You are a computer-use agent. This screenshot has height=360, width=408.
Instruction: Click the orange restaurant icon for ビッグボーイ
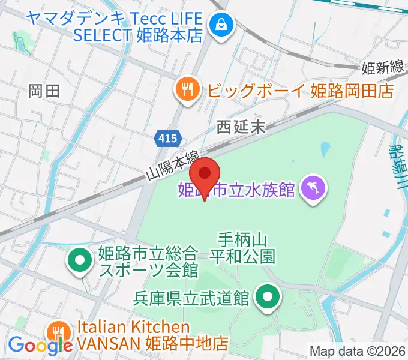coord(188,90)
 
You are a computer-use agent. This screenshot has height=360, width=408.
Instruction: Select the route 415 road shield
coord(169,139)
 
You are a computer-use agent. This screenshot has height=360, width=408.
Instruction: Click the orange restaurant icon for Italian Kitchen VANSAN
coord(58,331)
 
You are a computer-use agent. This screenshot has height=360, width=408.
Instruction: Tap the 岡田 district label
coord(44,91)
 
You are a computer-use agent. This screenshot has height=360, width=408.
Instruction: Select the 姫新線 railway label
coord(382,68)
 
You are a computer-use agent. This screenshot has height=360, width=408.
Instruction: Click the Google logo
coord(40,346)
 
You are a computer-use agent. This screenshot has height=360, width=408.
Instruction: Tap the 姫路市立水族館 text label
coord(237,190)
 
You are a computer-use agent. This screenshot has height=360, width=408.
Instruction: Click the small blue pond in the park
coord(325,148)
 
